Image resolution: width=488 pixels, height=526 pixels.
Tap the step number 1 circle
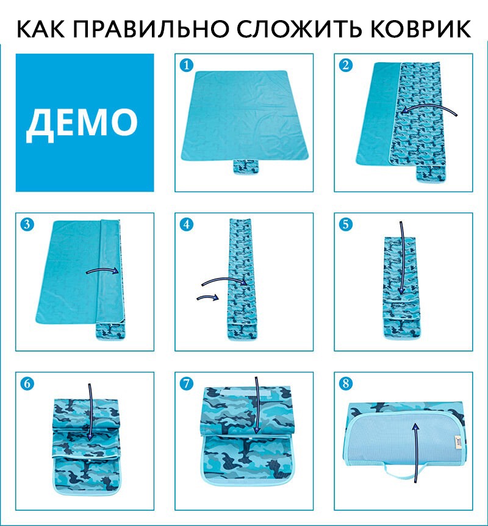(x=186, y=65)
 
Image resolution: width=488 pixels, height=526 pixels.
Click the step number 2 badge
(x=346, y=65)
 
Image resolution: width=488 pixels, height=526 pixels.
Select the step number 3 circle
(x=27, y=224)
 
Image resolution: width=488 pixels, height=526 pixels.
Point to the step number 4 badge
(x=186, y=224)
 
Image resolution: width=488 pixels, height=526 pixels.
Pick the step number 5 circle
(x=346, y=224)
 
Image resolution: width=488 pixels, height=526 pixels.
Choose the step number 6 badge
(x=27, y=383)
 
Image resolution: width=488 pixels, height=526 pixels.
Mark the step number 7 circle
(x=186, y=383)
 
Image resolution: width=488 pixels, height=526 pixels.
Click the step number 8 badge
(x=346, y=383)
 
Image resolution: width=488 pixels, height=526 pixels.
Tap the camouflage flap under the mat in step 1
(x=246, y=167)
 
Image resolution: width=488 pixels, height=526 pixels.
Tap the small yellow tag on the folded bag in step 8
(x=456, y=440)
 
